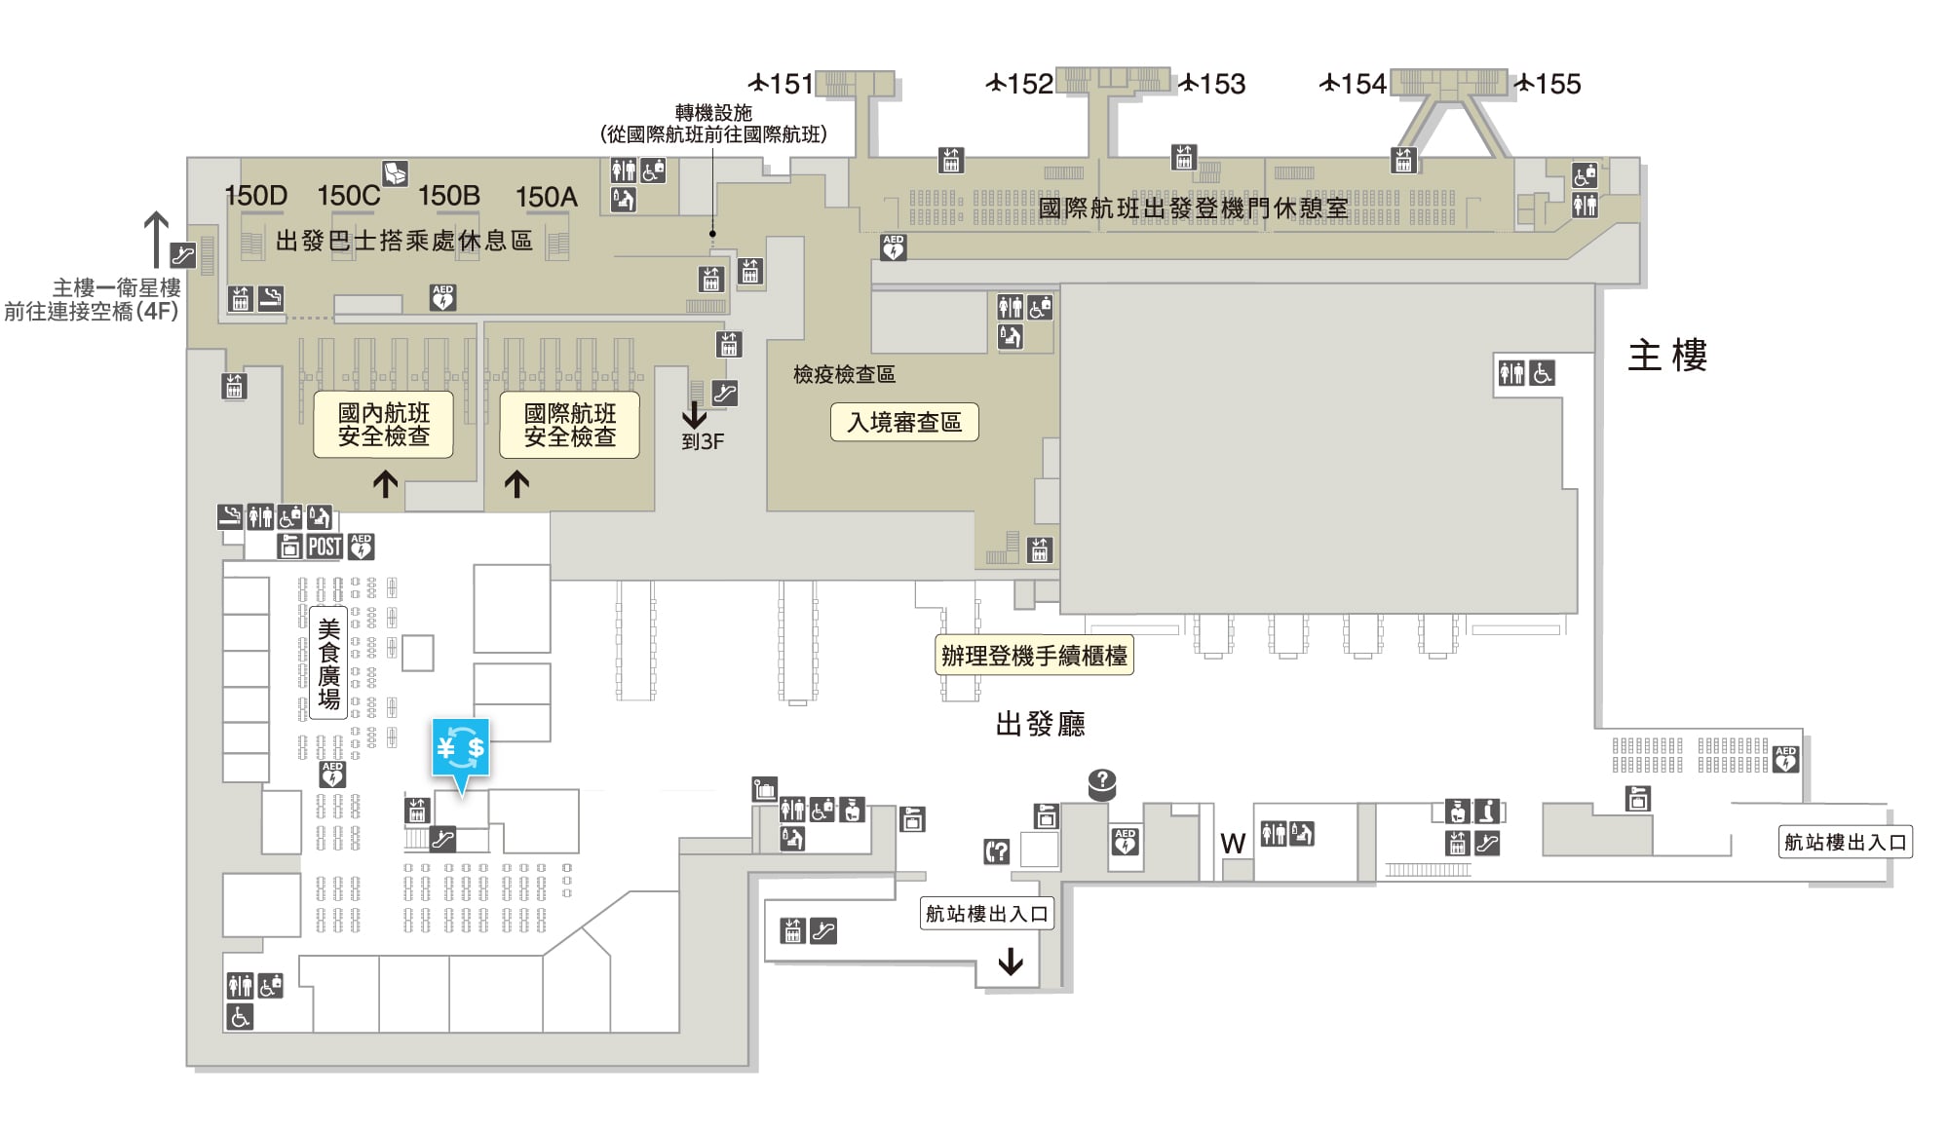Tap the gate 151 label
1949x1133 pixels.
tap(781, 84)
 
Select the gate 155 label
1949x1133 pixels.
tap(1548, 84)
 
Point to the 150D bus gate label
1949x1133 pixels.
tap(256, 196)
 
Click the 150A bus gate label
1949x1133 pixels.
tap(547, 197)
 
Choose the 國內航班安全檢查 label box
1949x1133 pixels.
tap(384, 425)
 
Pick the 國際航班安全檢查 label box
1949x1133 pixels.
tap(570, 425)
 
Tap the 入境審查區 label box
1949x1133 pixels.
tap(904, 422)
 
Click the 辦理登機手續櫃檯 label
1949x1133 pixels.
tap(1034, 656)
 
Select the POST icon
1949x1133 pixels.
tap(325, 547)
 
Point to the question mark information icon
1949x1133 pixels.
tap(1102, 782)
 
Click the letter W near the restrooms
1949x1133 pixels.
tap(1233, 844)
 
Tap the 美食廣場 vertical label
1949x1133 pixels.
tap(329, 663)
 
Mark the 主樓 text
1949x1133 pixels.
tap(1667, 356)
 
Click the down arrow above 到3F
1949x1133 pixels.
tap(694, 414)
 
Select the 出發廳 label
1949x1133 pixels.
tap(1041, 724)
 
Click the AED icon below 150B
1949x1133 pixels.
tap(443, 297)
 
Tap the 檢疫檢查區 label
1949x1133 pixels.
tap(844, 374)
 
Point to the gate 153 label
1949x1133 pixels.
tap(1212, 84)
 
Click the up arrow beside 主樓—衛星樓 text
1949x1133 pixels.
tap(156, 240)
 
